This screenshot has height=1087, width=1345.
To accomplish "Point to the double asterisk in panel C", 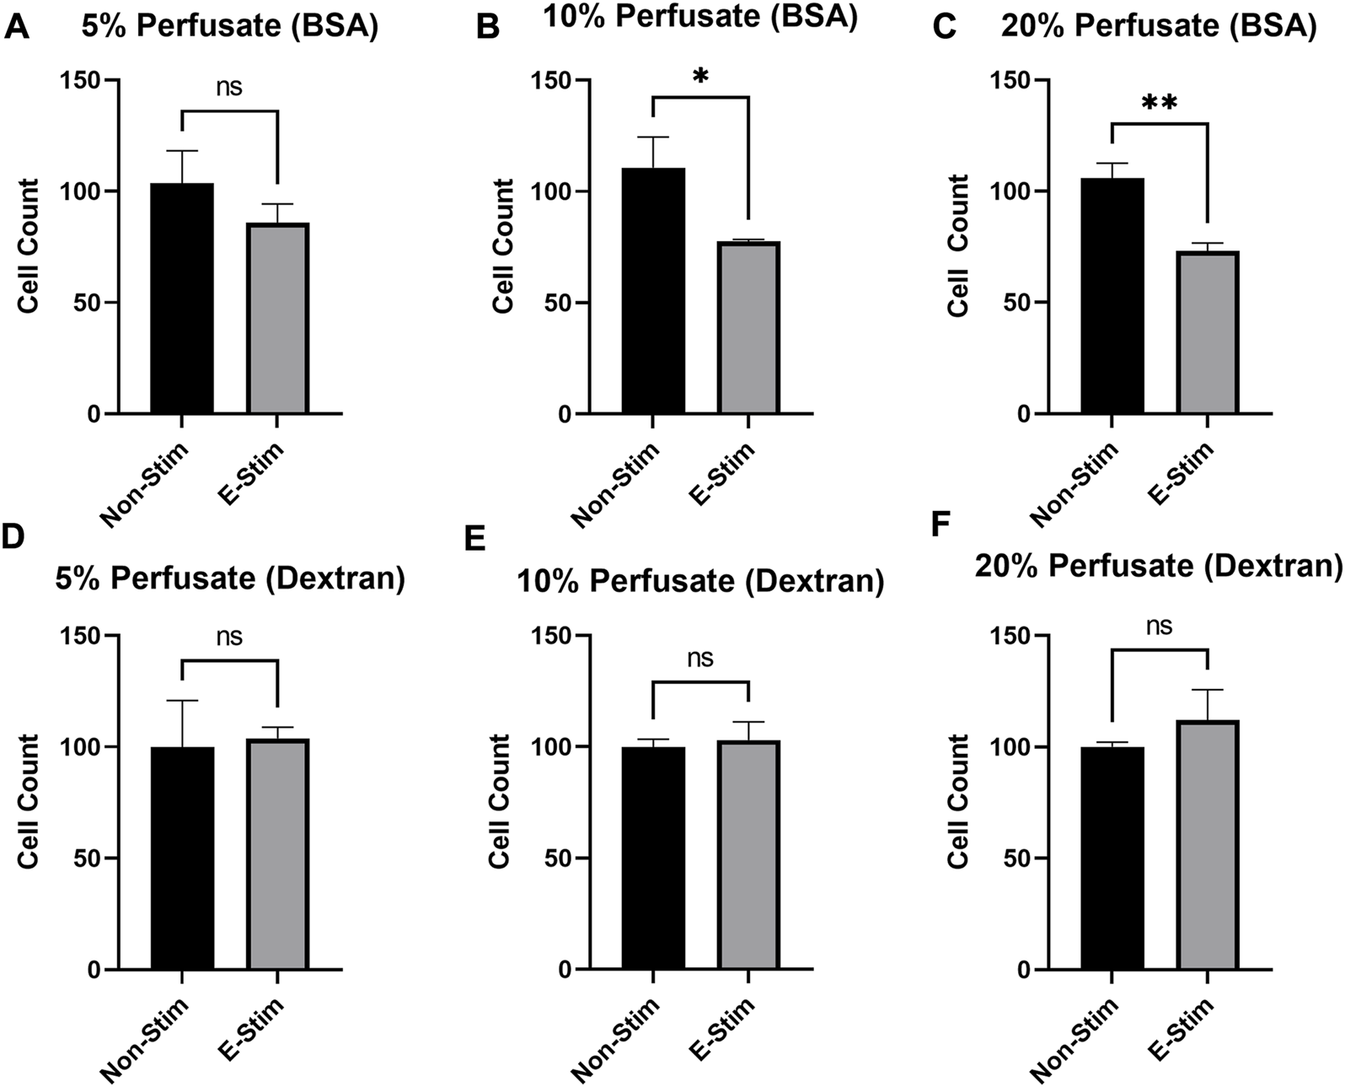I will point(1159,104).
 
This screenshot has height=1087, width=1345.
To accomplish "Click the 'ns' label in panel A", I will point(229,87).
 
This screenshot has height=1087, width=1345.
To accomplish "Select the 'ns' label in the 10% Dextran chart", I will point(700,658).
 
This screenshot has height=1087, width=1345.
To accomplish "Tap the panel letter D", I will point(13,537).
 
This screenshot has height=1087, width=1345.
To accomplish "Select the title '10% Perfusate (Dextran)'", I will point(699,582).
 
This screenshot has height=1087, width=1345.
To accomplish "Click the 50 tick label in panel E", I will point(554,858).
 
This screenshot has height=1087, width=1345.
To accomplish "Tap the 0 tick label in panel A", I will point(93,414).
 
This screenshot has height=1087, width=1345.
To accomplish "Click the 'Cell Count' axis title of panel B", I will point(503,246).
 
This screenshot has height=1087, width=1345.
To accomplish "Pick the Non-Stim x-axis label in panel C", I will point(1074,485).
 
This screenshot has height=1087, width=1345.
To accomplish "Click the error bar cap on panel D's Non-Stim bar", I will point(181,701).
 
